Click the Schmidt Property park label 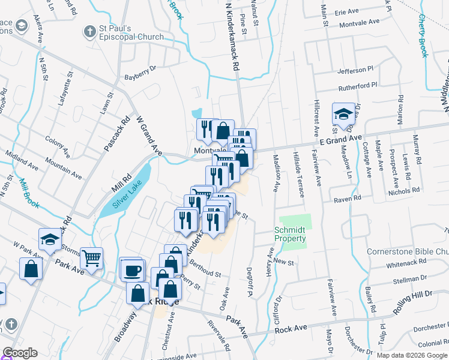(291, 234)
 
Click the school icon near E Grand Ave (344, 113)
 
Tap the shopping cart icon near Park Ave (92, 259)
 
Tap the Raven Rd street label (349, 197)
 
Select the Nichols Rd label (403, 191)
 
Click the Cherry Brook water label (423, 36)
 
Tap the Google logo (20, 353)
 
